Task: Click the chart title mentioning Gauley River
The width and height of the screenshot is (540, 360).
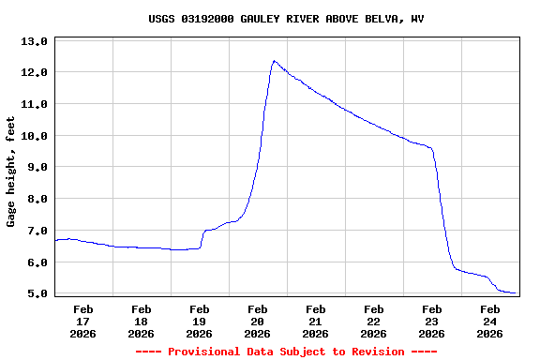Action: (x=286, y=19)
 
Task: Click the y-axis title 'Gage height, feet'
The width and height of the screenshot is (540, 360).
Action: (x=11, y=172)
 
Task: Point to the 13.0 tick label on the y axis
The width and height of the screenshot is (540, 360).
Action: (x=34, y=41)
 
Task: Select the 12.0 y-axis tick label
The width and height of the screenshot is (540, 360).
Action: (x=34, y=72)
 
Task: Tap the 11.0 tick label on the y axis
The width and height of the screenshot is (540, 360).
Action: (x=34, y=104)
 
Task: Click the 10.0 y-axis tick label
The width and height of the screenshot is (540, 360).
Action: (x=34, y=136)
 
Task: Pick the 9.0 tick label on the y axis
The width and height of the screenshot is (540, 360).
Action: (x=34, y=167)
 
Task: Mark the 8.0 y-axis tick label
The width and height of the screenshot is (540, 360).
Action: (x=34, y=199)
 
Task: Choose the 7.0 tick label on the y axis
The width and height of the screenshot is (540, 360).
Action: (x=34, y=231)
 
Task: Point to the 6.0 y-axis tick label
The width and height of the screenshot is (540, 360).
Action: (x=34, y=262)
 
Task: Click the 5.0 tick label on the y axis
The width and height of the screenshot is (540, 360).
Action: (x=34, y=293)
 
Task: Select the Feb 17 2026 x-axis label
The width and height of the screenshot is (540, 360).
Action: (x=83, y=321)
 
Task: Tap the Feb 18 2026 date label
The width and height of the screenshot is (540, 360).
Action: (x=142, y=321)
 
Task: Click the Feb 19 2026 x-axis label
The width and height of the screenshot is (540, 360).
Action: (x=200, y=321)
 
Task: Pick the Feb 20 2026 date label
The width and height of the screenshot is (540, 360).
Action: (x=258, y=321)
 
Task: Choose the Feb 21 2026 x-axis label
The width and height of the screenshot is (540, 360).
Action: (x=316, y=321)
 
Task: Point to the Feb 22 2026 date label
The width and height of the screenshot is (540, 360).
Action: (x=374, y=321)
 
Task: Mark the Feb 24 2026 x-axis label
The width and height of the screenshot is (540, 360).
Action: (x=490, y=321)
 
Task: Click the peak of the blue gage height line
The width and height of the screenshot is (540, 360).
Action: (x=274, y=61)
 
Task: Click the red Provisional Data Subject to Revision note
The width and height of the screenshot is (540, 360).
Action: (x=286, y=352)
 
